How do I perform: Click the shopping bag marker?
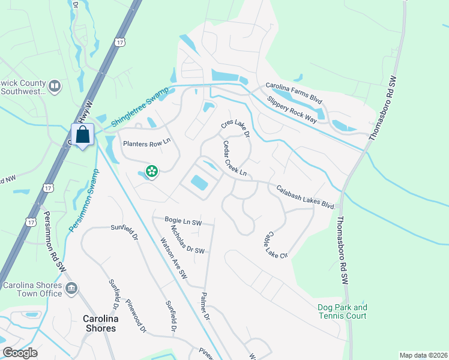(82, 134)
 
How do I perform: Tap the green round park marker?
(152, 172)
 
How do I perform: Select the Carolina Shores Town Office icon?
(71, 289)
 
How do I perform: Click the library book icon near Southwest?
(55, 87)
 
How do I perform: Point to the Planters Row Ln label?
(147, 144)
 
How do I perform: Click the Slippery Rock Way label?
(292, 109)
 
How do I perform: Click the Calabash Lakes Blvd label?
(305, 196)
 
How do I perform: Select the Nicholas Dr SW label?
(187, 239)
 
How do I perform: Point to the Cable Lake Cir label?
(277, 245)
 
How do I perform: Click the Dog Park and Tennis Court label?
(342, 311)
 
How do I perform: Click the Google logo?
(19, 353)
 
